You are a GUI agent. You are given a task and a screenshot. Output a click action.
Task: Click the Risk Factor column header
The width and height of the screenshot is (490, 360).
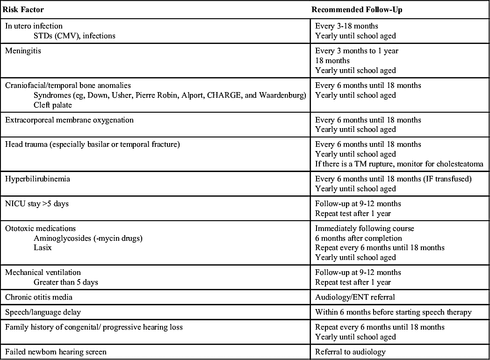click(x=23, y=9)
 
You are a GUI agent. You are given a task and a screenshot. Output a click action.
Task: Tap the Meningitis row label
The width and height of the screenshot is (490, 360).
click(x=23, y=51)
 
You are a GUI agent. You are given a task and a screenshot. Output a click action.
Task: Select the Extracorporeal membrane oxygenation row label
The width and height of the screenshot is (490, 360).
click(x=69, y=120)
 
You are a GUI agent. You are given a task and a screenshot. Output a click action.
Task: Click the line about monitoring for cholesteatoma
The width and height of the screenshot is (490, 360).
click(x=399, y=164)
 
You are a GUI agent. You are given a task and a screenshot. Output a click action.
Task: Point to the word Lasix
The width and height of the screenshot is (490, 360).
click(x=43, y=248)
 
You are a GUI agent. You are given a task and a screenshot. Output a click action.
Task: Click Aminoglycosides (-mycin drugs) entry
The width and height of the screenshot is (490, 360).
click(x=88, y=238)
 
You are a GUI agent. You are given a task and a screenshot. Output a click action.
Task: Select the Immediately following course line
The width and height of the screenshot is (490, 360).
click(x=365, y=229)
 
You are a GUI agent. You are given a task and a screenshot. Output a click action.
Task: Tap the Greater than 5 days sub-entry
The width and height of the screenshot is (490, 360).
click(x=66, y=282)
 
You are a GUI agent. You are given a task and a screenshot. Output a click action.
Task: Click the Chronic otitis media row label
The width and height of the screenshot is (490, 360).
click(x=39, y=297)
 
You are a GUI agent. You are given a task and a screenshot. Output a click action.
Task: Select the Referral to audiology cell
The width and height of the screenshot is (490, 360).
click(x=351, y=352)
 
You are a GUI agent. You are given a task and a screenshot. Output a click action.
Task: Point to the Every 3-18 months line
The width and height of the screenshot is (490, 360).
click(x=346, y=26)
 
